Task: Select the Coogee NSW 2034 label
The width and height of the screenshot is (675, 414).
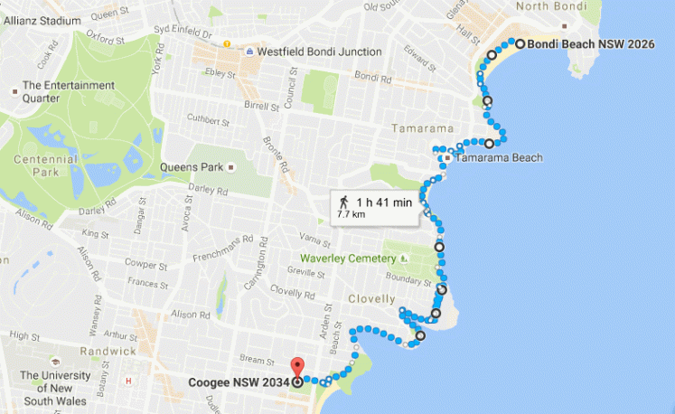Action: click(x=239, y=382)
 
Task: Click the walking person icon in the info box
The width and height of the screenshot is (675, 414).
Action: click(x=343, y=202)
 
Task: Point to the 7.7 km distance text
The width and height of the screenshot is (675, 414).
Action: click(x=351, y=215)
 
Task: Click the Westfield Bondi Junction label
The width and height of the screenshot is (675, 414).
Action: click(x=319, y=52)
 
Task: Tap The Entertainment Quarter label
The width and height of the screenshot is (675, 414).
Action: click(x=69, y=92)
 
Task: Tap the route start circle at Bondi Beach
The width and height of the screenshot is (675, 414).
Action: click(x=520, y=42)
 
